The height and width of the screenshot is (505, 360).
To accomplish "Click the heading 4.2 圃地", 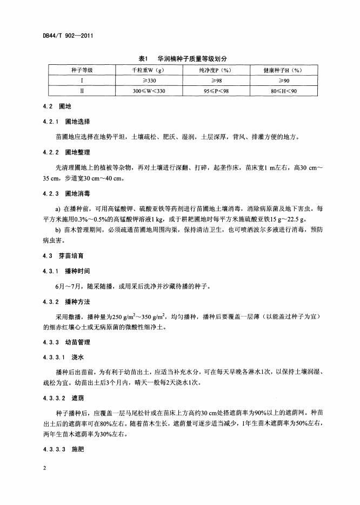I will pos(57,106).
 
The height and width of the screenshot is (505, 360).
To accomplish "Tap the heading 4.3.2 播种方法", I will pos(66,301).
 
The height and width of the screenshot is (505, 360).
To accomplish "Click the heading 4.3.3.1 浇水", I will pos(63,357).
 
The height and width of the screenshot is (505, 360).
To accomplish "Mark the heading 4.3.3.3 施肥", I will pos(63,449).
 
